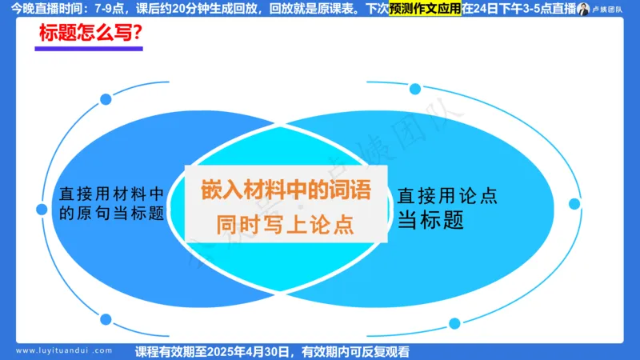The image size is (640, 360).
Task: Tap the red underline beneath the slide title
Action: point(89,50)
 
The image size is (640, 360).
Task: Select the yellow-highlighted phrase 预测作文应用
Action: point(426,10)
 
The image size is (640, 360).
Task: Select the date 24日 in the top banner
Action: point(487,10)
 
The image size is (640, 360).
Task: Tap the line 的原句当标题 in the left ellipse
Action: point(113,214)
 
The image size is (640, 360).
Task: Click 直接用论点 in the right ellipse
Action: point(448,194)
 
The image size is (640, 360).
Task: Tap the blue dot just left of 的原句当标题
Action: point(42,210)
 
